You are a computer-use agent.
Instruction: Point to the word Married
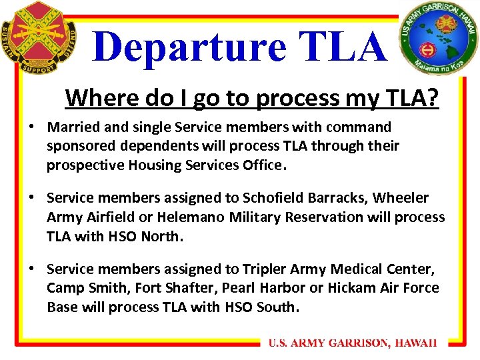[74, 127]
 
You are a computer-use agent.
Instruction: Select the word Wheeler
[401, 198]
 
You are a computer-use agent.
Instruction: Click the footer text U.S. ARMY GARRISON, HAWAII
[353, 343]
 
